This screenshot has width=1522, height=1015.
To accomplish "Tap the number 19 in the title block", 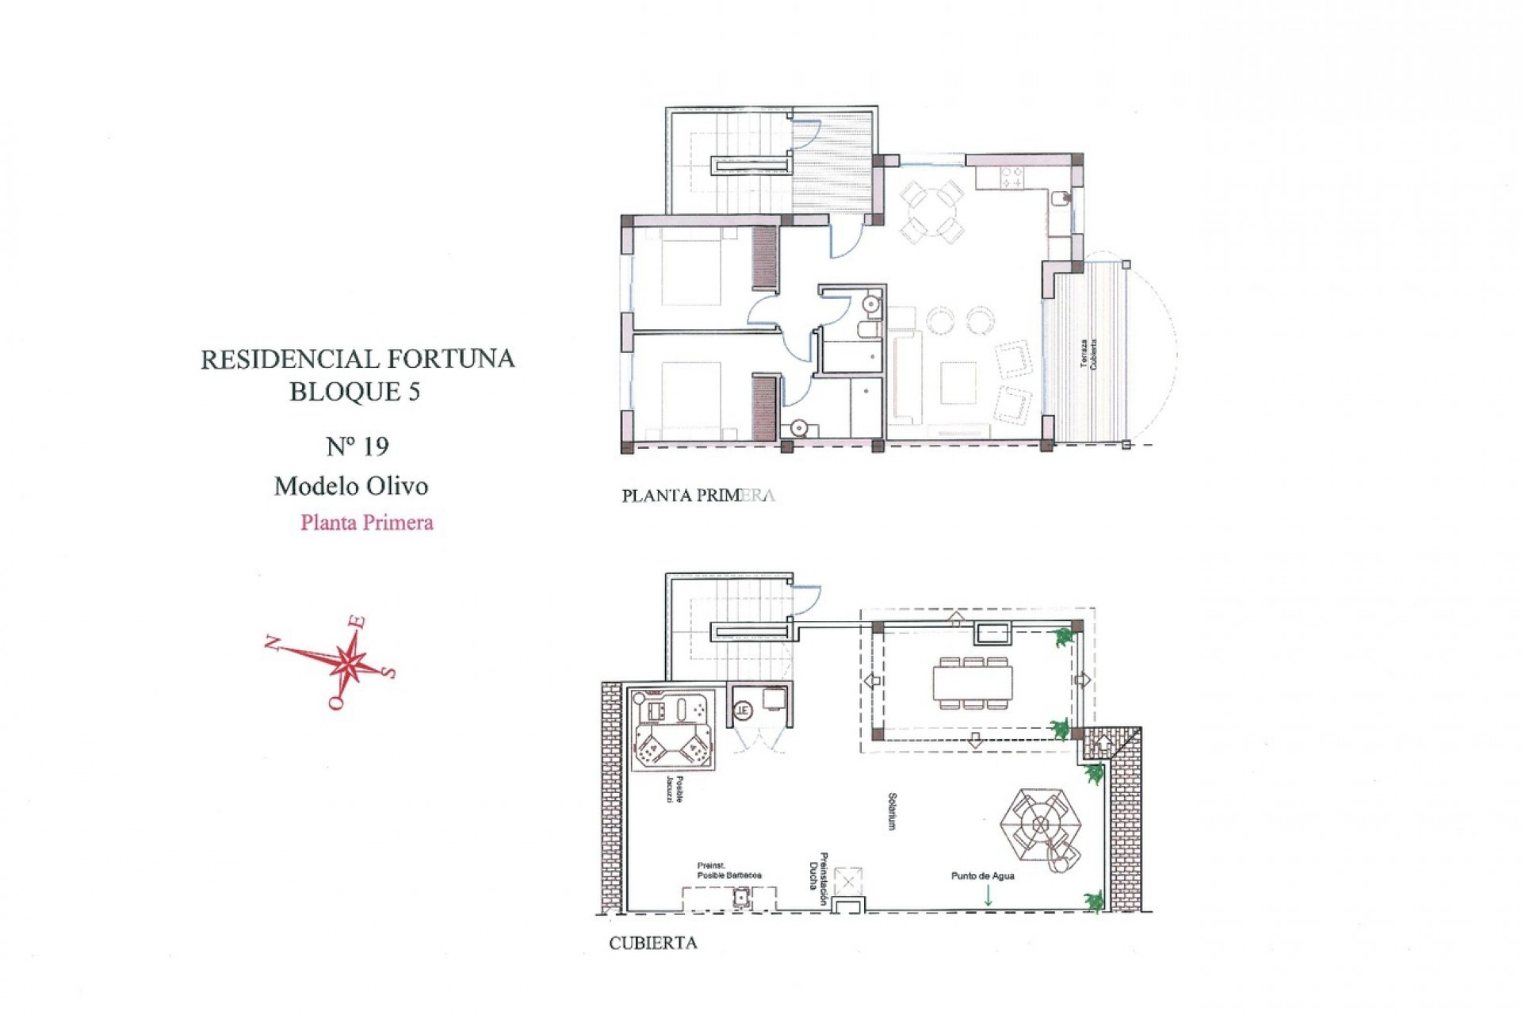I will [x=375, y=447].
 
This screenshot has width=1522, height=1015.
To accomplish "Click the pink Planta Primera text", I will [x=367, y=523].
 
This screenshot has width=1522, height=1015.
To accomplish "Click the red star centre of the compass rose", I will [x=347, y=660].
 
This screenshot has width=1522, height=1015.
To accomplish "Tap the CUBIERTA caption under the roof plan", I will [x=652, y=944].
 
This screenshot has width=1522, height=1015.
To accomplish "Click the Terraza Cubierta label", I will [x=1088, y=354].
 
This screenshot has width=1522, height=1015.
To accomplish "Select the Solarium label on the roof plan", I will [x=892, y=811].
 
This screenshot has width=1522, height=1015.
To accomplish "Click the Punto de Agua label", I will [x=982, y=876].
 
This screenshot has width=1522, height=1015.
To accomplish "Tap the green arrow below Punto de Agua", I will [x=988, y=896].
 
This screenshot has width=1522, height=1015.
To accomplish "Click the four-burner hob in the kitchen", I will [x=1010, y=178].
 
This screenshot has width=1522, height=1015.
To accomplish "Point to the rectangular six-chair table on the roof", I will [x=973, y=683].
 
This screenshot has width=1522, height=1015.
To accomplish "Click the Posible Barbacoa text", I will [x=729, y=875].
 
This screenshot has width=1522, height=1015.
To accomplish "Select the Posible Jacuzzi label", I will [x=675, y=789].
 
